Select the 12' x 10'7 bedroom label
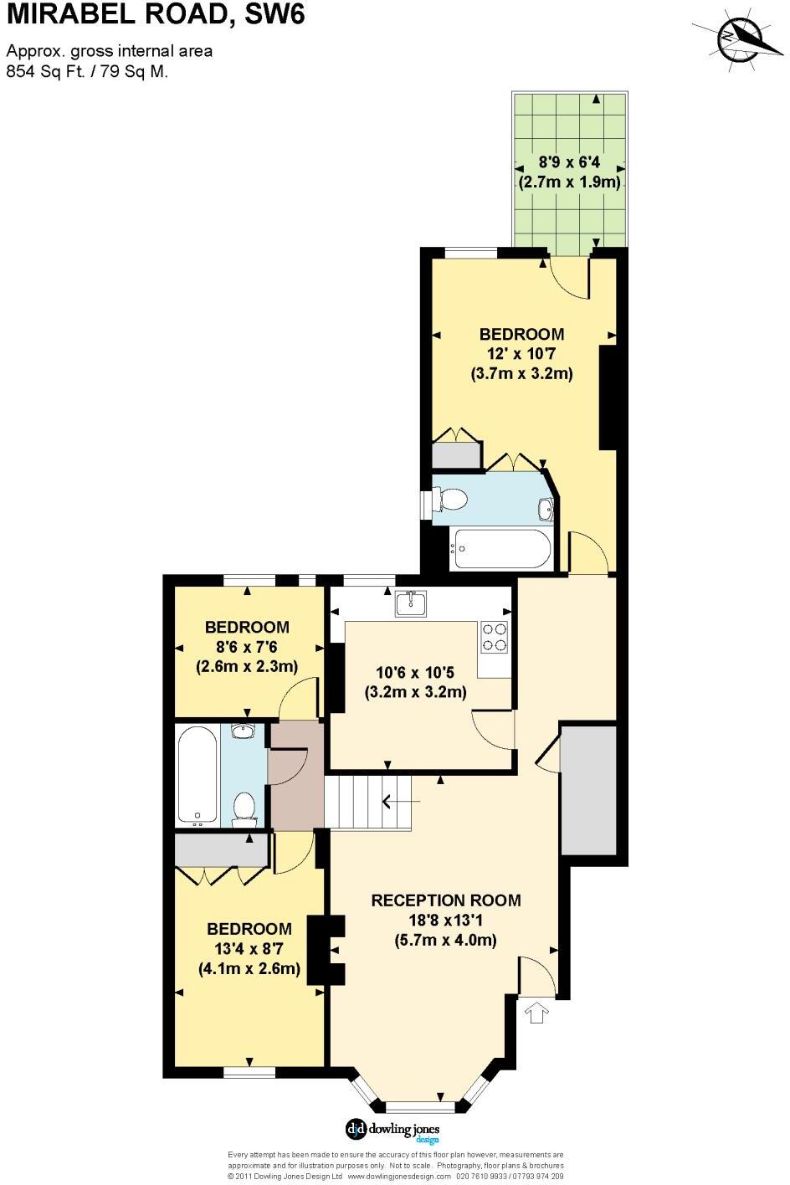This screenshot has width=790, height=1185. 521,353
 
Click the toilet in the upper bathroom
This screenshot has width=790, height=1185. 452,500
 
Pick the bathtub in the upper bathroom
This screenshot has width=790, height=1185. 500,549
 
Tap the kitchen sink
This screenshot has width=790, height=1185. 411,603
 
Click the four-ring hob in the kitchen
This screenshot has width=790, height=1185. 495,637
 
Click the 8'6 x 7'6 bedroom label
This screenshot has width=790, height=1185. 247,646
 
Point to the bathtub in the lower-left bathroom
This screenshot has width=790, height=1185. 198,775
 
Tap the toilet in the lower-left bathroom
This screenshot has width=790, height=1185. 244,808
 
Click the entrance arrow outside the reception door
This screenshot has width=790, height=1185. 535,1013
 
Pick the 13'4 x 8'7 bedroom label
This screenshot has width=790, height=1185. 249,949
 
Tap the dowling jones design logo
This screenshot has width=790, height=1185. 392,1130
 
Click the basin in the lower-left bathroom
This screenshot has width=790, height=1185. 243,732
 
